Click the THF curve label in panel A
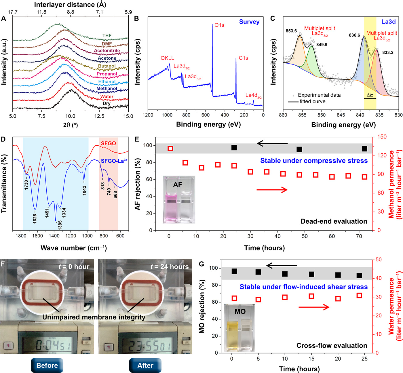click(107, 36)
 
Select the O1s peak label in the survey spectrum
click(219, 25)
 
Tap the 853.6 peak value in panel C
click(291, 31)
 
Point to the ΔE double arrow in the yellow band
click(370, 98)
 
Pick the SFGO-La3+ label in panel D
click(114, 161)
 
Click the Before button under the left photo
click(47, 365)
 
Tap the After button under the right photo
click(145, 365)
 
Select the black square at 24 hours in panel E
click(234, 148)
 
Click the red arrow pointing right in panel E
click(272, 189)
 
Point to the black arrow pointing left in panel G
click(282, 265)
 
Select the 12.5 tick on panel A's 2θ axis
click(99, 116)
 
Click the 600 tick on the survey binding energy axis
click(206, 115)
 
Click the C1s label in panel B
click(243, 58)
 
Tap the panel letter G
click(201, 264)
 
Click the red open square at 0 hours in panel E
click(170, 149)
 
